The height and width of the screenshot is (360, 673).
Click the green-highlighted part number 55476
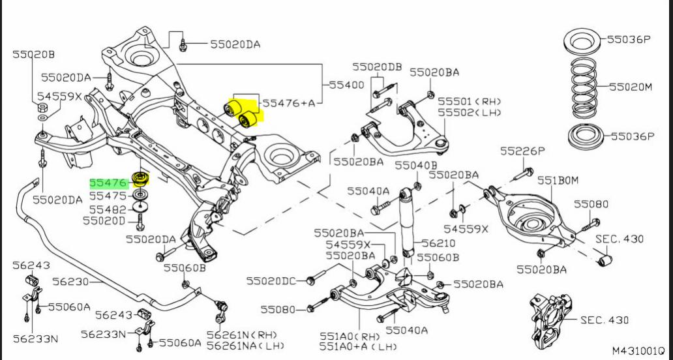(x=108, y=184)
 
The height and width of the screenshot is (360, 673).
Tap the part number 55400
(x=347, y=85)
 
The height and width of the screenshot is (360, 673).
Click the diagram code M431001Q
(x=638, y=351)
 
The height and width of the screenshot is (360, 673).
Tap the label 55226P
(x=523, y=151)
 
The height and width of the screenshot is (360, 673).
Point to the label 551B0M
(x=560, y=181)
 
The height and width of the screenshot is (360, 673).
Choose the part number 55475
(x=108, y=196)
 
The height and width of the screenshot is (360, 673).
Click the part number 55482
(x=108, y=209)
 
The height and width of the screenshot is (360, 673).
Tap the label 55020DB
(x=377, y=67)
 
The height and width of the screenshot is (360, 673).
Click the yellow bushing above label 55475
(x=140, y=179)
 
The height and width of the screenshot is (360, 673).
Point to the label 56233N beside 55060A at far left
(x=36, y=338)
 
